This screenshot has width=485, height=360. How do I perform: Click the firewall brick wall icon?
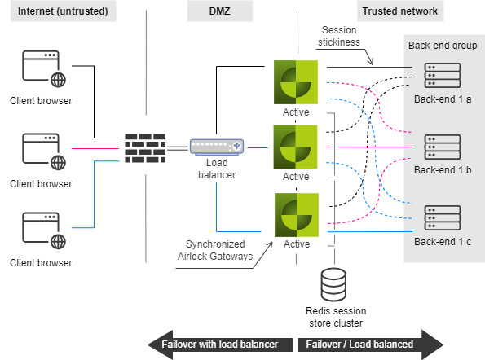click(x=145, y=148)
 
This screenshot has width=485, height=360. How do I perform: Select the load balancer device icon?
click(x=217, y=147)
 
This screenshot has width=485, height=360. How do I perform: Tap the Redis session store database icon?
click(x=333, y=284)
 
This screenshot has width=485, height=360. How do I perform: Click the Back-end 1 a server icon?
click(x=443, y=76)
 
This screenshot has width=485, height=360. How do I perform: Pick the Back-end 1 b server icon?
click(x=443, y=147)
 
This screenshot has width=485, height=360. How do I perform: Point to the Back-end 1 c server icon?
click(x=443, y=217)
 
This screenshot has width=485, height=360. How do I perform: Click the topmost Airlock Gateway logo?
click(x=296, y=82)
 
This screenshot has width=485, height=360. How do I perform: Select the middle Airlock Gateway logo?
click(x=295, y=147)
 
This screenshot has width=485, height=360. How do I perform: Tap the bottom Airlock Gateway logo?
click(x=297, y=215)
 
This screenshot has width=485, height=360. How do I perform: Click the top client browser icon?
click(x=44, y=69)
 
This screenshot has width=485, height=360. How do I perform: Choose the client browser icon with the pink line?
click(x=44, y=151)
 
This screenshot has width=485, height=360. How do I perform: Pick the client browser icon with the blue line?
click(x=44, y=230)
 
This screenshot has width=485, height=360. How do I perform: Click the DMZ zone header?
click(x=220, y=11)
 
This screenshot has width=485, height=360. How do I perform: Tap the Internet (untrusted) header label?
click(x=63, y=11)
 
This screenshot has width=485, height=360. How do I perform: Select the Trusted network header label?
click(x=400, y=11)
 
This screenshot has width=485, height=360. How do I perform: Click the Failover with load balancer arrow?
click(x=220, y=345)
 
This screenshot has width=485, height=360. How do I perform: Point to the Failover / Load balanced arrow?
click(x=371, y=345)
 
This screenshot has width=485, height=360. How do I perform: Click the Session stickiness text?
click(x=339, y=36)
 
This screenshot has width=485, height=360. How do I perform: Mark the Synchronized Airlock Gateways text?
click(x=215, y=250)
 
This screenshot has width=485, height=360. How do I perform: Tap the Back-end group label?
click(x=443, y=46)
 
